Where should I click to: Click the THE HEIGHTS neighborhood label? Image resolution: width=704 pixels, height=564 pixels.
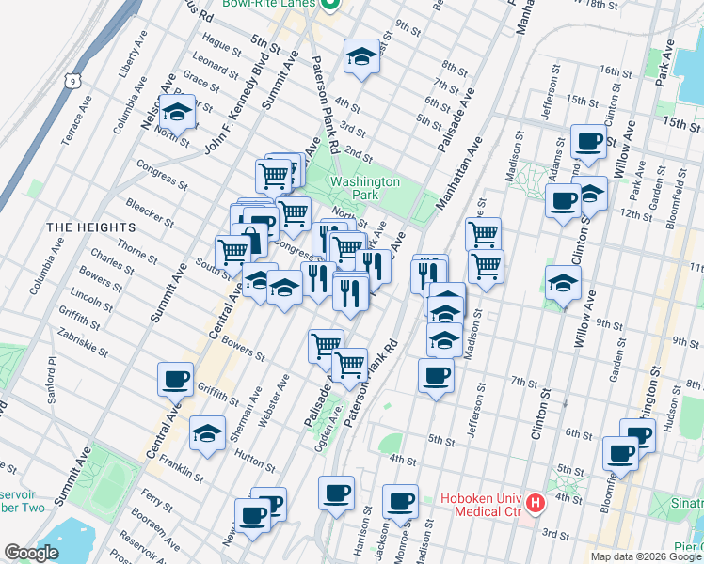click(91, 227)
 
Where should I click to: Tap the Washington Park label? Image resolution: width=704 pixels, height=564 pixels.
click(364, 189)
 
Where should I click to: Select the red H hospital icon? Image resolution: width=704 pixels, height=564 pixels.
click(536, 504)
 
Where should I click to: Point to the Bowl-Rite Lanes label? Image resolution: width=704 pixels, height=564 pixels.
click(270, 5)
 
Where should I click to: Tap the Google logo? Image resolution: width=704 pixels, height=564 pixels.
click(32, 553)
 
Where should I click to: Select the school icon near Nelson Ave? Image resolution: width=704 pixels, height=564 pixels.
click(177, 113)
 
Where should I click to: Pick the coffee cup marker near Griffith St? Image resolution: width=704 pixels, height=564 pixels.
click(176, 380)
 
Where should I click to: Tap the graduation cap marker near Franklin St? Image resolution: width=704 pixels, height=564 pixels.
click(207, 434)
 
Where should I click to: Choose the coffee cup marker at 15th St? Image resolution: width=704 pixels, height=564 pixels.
click(589, 142)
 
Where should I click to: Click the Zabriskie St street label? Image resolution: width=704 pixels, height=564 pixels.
click(82, 334)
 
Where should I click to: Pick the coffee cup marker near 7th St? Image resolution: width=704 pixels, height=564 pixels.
click(435, 378)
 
